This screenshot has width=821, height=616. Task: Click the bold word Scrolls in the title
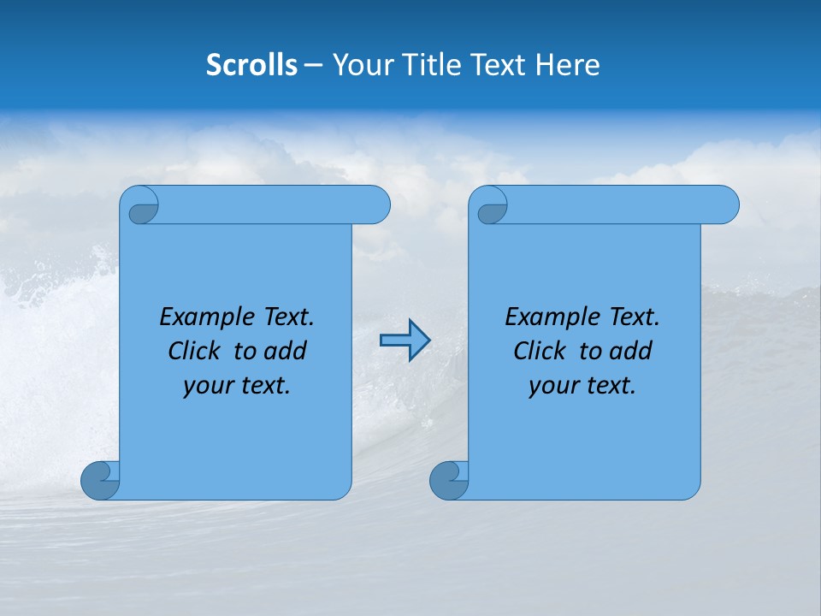point(251,65)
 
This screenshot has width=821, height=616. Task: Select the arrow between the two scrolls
point(405,341)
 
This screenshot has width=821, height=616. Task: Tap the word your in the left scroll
point(208,386)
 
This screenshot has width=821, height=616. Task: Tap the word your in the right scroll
point(553,386)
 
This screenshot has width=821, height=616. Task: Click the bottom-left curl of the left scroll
point(99,480)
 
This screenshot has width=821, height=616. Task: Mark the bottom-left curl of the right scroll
point(448,480)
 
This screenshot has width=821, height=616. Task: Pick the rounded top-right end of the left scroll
point(375,205)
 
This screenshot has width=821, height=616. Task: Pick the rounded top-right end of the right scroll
point(724,205)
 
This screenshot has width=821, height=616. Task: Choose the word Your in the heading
point(360,65)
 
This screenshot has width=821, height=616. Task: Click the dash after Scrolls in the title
point(313,66)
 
